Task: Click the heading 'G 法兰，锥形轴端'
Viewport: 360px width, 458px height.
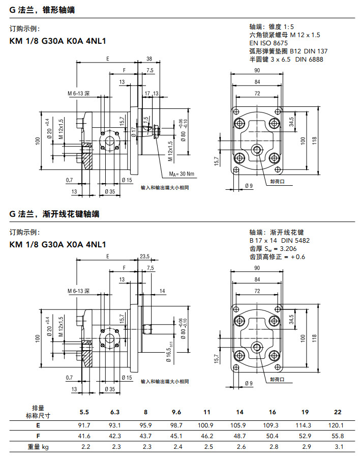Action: [x=42, y=8]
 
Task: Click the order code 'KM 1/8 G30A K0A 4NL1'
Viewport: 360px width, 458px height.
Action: [x=57, y=42]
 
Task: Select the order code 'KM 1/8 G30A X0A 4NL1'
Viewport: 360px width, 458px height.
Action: [x=57, y=244]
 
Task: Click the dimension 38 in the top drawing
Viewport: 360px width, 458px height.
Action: [x=149, y=58]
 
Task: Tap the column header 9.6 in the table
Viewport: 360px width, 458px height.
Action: [x=176, y=412]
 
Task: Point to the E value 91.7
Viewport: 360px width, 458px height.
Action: [x=84, y=424]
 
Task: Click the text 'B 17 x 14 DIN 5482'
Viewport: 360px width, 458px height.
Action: [x=280, y=240]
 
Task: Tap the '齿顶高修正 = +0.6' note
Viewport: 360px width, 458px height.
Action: [x=277, y=256]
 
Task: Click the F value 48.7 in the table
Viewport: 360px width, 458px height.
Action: [x=239, y=436]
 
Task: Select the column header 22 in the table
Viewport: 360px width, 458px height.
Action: [x=338, y=412]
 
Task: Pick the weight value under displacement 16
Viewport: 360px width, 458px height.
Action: [x=273, y=447]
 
